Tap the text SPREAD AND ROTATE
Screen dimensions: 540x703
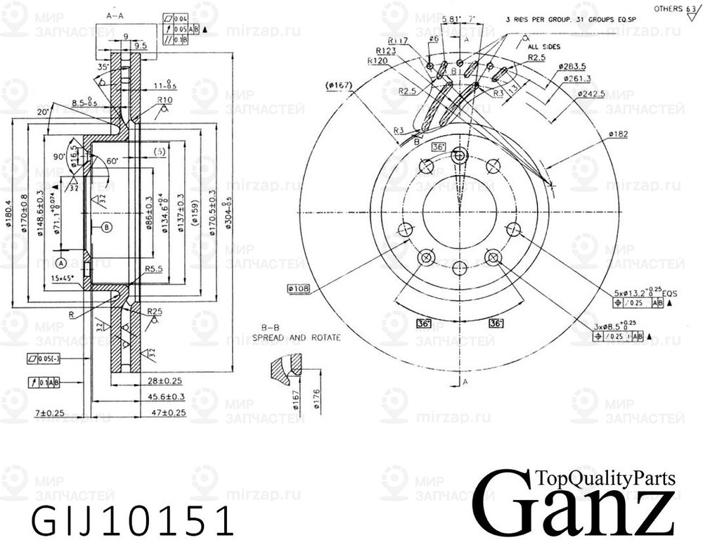(x=297, y=337)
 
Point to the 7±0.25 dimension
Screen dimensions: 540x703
(x=51, y=413)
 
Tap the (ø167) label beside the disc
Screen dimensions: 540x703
(x=339, y=86)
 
